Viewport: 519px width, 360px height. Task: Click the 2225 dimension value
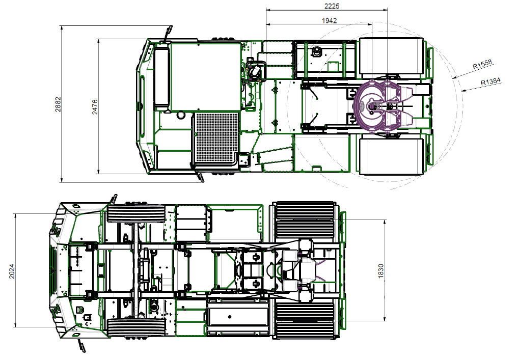332,6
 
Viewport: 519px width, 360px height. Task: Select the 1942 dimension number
329,20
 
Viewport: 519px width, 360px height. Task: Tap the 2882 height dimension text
58,104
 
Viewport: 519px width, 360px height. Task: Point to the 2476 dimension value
95,107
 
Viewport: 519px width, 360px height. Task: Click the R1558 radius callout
482,64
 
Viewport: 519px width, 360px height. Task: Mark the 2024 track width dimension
12,271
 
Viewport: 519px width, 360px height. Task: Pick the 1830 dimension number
380,271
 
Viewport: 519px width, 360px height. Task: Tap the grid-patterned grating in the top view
217,137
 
